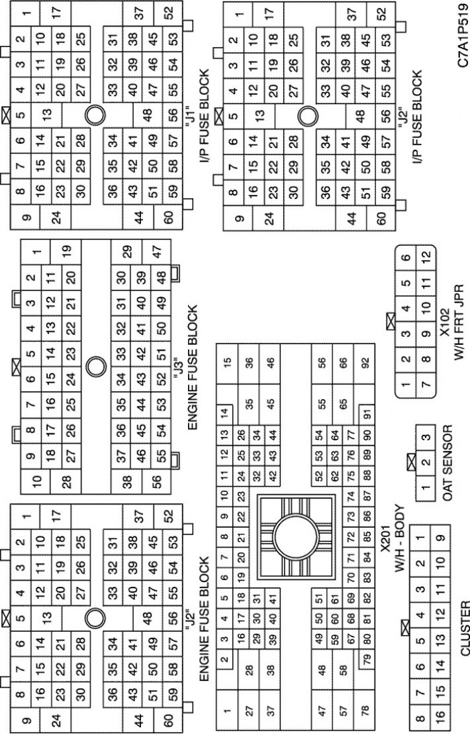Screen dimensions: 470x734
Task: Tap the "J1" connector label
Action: [x=189, y=113]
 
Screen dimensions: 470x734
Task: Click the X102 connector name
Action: [x=444, y=322]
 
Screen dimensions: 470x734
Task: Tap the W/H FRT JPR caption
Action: [x=459, y=322]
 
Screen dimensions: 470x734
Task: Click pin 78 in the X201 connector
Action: [x=365, y=709]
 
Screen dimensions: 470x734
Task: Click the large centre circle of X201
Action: [x=295, y=534]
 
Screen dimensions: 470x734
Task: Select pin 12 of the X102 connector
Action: [x=425, y=256]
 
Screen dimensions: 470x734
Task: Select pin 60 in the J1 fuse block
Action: [x=167, y=217]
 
